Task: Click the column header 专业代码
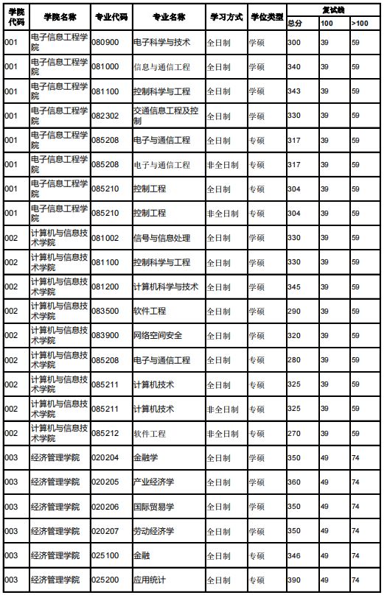coord(111,15)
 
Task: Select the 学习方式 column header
coord(225,15)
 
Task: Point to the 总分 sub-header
coord(295,24)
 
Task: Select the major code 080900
coord(105,43)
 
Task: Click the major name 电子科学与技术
coord(161,43)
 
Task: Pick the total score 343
coord(294,91)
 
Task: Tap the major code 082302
coord(105,116)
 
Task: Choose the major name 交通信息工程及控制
coord(166,116)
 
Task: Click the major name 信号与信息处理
coord(161,238)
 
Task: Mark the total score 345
coord(294,286)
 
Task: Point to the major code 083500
coord(105,311)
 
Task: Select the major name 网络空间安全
coord(157,336)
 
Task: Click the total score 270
coord(294,433)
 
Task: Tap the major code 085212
coord(105,433)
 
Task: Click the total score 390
coord(294,580)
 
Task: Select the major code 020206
coord(105,507)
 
